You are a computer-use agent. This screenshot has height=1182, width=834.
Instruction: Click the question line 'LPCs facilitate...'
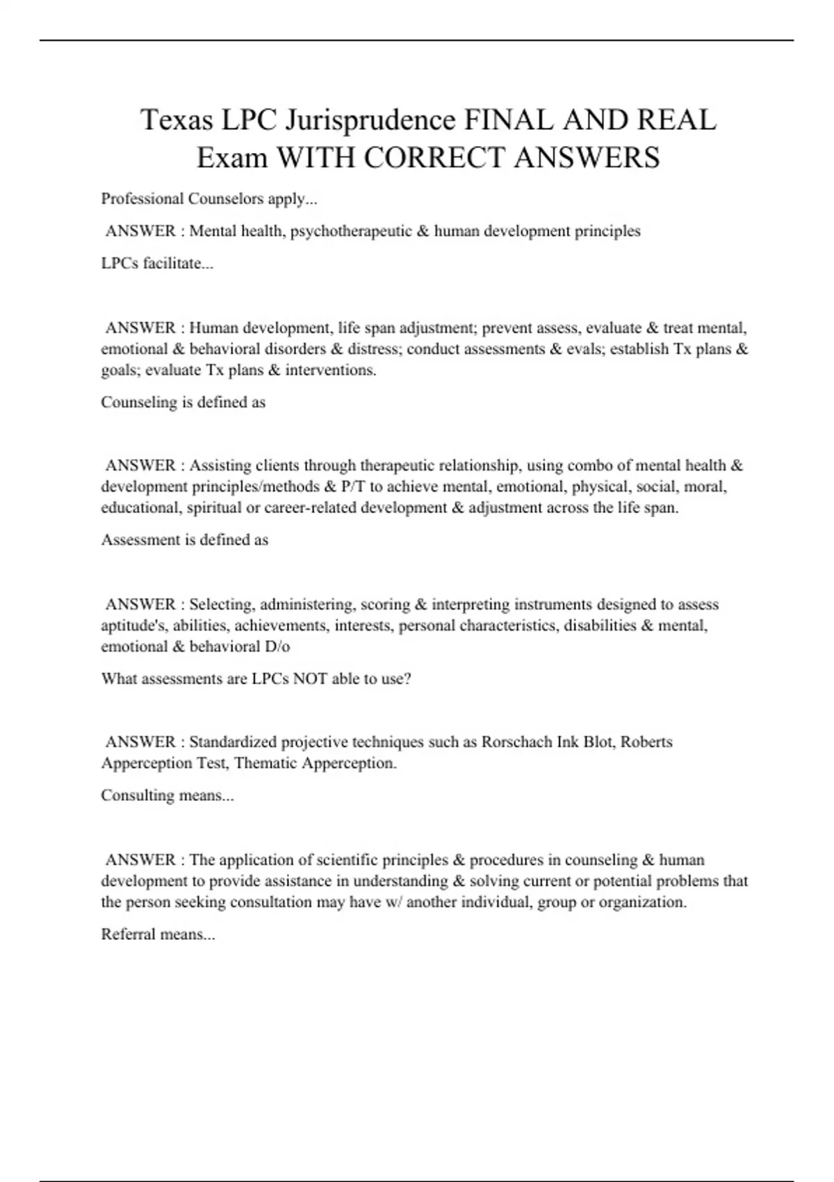point(157,264)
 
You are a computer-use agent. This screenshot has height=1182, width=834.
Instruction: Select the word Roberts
point(646,742)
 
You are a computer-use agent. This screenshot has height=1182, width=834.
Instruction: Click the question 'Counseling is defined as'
point(183,402)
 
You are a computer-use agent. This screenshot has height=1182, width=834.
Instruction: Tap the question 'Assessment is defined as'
point(185,540)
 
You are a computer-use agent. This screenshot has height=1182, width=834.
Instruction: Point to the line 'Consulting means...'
point(167,795)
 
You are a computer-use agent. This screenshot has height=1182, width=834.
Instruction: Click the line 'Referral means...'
point(158,934)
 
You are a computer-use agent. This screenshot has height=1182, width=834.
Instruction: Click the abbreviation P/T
point(354,486)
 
